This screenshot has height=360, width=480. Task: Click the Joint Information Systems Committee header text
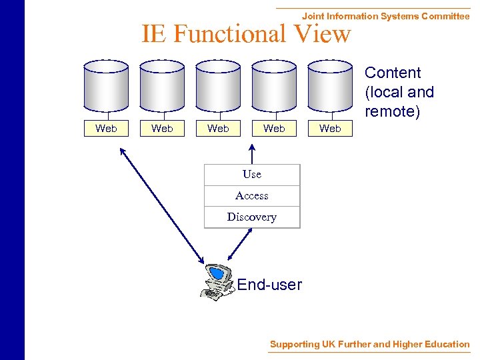pos(385,16)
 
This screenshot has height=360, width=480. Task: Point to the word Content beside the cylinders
pos(393,73)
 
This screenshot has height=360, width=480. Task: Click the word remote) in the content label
pos(393,111)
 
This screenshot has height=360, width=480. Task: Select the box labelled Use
pos(252,175)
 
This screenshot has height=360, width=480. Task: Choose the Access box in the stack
pos(252,196)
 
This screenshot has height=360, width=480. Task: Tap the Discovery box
pos(252,217)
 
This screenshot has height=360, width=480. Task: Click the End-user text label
pos(269,285)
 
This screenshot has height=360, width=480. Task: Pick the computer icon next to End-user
pos(217,282)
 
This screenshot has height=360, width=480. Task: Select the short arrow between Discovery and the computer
pos(239,244)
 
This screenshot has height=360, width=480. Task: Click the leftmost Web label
pos(106,129)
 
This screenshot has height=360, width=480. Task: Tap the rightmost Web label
pos(330,129)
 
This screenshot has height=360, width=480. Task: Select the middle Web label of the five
pos(218,129)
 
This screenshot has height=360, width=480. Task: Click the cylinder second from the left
pos(162,90)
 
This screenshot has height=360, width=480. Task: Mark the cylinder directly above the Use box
pos(274,90)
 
